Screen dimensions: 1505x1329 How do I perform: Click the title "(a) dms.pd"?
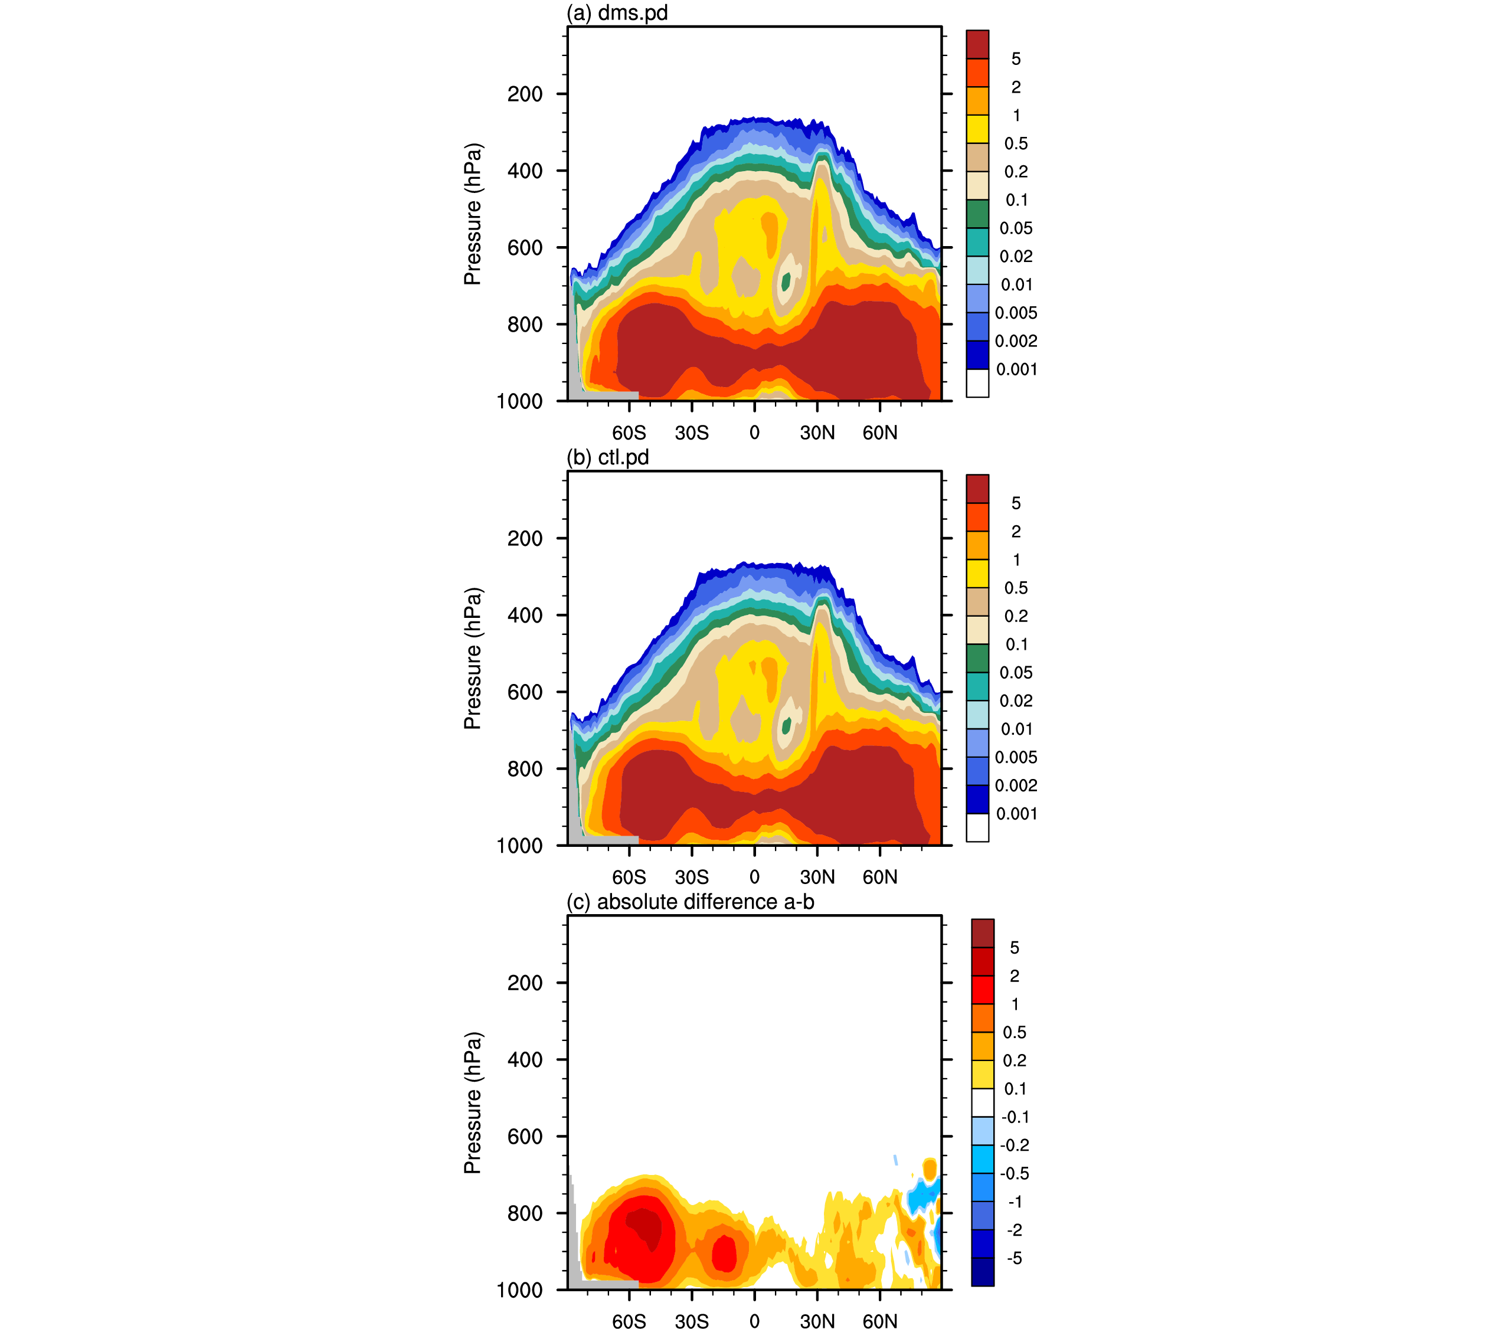click(x=617, y=12)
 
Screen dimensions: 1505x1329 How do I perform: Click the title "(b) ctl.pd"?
click(x=607, y=457)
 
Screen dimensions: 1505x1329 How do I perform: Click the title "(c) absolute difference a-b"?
click(x=690, y=902)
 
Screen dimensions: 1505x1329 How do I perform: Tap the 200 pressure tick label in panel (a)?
click(x=525, y=94)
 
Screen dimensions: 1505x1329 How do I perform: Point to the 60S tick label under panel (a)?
click(x=629, y=433)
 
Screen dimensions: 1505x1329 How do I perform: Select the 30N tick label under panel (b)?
click(x=817, y=877)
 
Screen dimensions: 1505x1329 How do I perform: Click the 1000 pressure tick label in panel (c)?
click(x=520, y=1290)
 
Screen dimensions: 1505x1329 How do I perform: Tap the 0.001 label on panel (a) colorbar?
click(x=1017, y=369)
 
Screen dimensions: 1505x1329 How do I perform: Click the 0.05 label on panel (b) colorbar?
click(x=1016, y=673)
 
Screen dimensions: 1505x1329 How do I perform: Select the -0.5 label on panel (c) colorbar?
click(x=1015, y=1174)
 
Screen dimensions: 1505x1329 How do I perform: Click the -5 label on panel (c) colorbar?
click(x=1015, y=1258)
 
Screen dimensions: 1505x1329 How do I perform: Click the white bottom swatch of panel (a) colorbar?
click(x=977, y=383)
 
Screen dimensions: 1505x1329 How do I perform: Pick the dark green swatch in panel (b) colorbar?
click(x=977, y=658)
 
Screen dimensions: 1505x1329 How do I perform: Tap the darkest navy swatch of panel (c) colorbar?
click(x=982, y=1272)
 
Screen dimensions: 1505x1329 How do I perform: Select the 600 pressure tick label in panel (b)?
click(x=525, y=692)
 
